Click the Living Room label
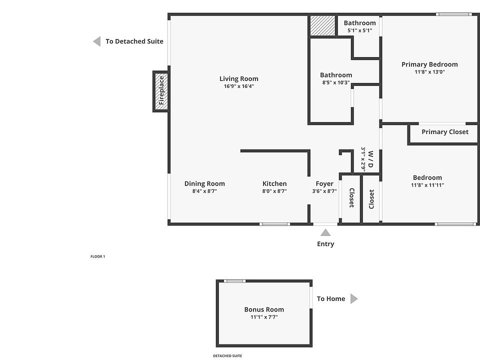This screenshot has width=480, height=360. [238, 78]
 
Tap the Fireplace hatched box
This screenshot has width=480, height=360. [161, 90]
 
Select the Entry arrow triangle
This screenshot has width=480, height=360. [325, 232]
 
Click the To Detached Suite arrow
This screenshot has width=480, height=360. [97, 41]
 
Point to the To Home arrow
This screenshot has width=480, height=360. [354, 299]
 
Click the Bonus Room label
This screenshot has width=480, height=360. [264, 309]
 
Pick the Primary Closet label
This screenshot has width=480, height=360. [445, 132]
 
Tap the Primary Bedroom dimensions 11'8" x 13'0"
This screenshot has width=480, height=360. [429, 72]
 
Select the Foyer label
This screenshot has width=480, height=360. [324, 183]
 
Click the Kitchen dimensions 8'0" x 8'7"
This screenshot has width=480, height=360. [274, 191]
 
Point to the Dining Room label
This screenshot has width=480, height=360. [204, 183]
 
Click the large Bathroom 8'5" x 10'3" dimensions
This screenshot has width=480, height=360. [336, 82]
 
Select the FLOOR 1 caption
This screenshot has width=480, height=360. [97, 256]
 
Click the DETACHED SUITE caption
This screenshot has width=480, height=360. [227, 356]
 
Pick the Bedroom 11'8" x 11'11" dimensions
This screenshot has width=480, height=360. [427, 185]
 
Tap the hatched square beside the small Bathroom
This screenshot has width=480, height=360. [321, 25]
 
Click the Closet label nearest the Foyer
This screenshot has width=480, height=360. [351, 198]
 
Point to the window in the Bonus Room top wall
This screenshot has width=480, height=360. [234, 281]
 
